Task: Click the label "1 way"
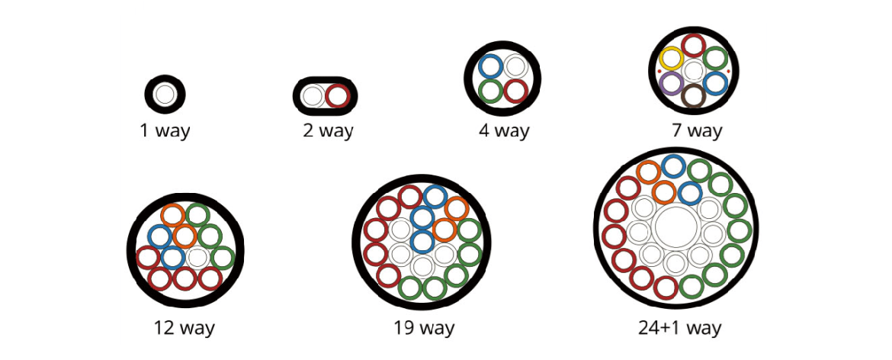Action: [165, 130]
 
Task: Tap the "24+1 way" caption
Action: [679, 329]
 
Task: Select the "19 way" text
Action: [424, 329]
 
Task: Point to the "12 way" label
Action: [184, 329]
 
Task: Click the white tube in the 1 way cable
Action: [165, 95]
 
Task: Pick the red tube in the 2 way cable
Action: [337, 96]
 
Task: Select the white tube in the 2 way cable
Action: [313, 96]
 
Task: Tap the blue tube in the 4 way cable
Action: [491, 66]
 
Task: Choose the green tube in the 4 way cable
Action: [491, 91]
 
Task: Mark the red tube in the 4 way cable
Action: [515, 91]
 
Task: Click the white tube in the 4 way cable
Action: [515, 66]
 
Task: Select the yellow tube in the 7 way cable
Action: [672, 58]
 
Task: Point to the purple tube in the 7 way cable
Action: [672, 83]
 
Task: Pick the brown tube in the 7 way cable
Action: [693, 96]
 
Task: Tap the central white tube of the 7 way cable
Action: [693, 71]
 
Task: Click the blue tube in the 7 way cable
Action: [715, 83]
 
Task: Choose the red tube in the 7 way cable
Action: [693, 45]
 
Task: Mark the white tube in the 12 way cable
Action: [197, 257]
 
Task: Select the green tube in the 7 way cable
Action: [715, 58]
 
